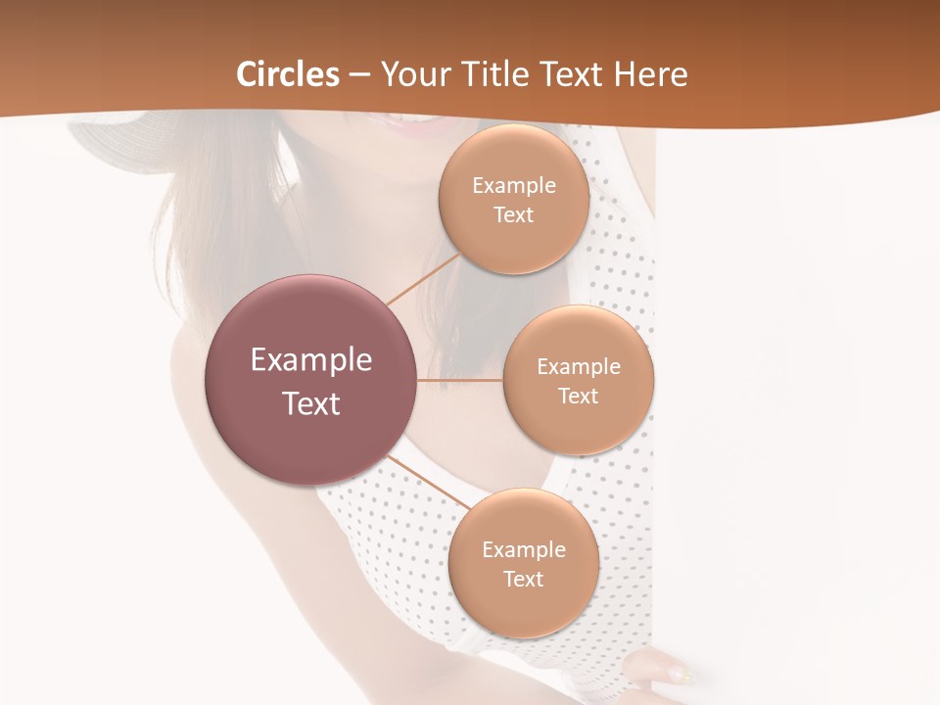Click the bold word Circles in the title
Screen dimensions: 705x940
point(288,74)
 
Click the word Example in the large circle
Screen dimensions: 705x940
point(310,360)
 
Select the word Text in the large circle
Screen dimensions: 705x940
point(310,403)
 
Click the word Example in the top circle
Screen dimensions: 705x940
point(513,186)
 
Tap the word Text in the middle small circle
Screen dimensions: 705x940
point(578,397)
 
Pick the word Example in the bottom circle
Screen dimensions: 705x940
point(523,550)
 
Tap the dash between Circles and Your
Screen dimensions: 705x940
point(359,75)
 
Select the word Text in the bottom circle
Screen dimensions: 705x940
point(523,580)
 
